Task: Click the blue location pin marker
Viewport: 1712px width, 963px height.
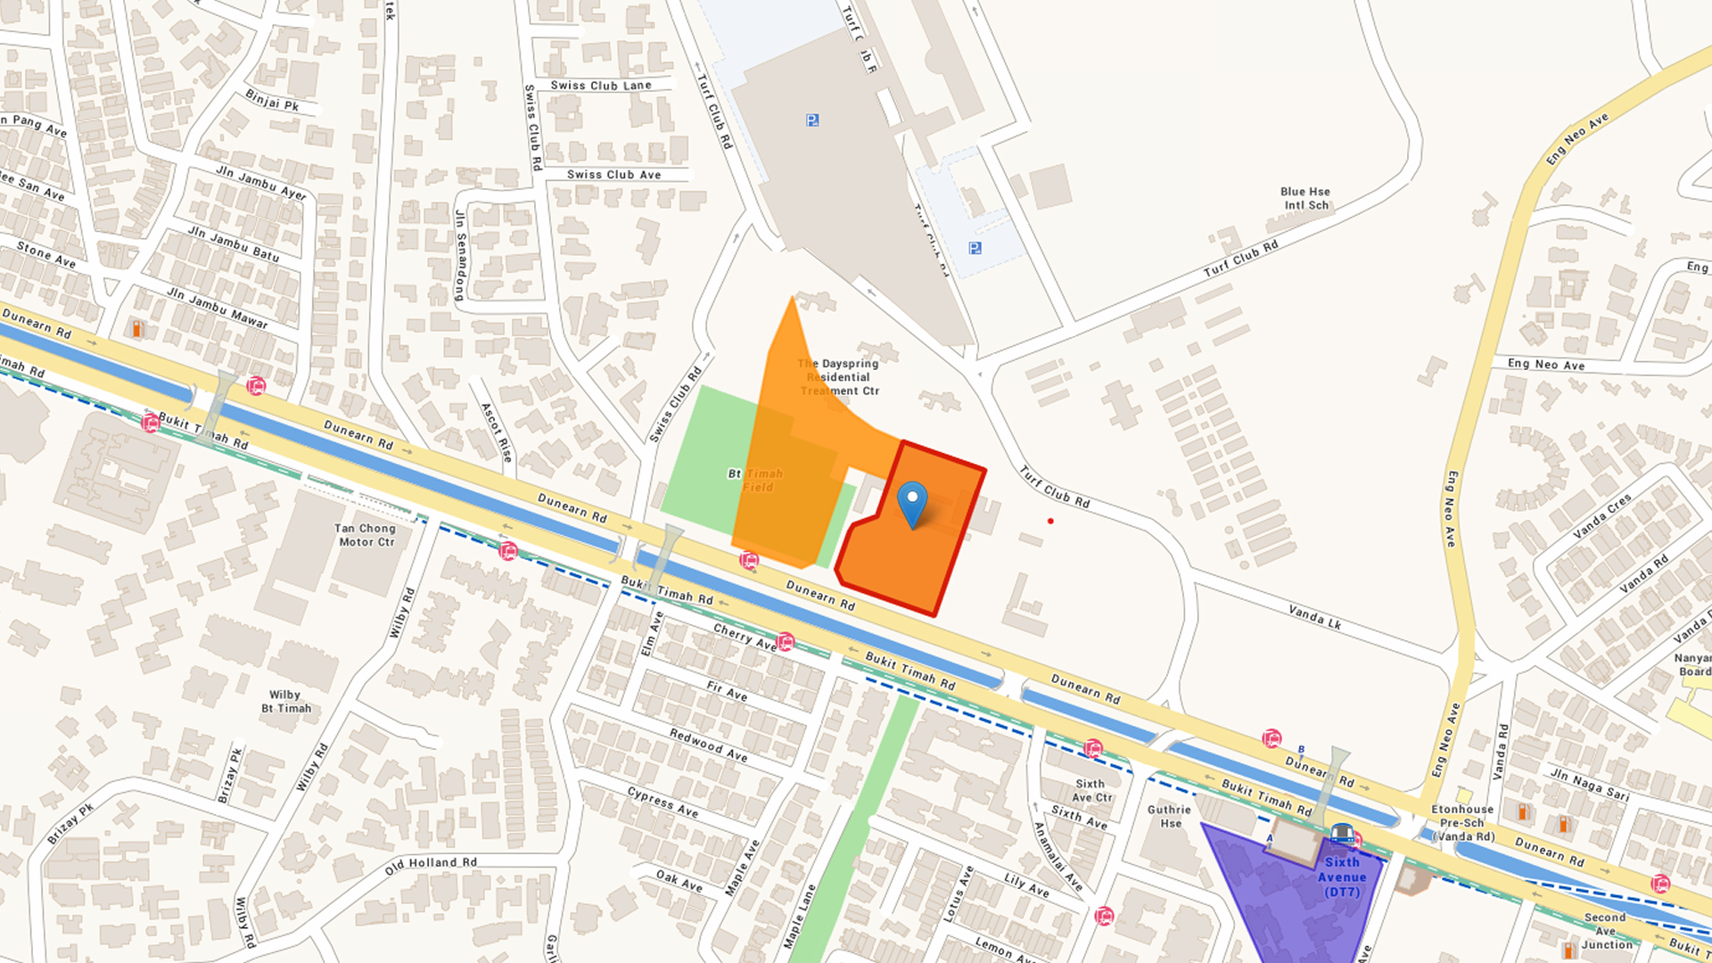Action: [912, 502]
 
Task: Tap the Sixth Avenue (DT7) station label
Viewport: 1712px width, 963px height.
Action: [1342, 877]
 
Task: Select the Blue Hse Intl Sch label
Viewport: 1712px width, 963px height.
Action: [1305, 198]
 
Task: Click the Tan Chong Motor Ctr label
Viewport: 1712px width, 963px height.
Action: [366, 535]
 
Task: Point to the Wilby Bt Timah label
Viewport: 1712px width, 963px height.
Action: [286, 702]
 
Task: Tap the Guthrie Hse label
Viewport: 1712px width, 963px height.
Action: [1169, 816]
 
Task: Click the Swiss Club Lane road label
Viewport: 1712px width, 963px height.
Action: [601, 86]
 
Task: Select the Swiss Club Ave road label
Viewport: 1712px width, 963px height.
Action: [614, 175]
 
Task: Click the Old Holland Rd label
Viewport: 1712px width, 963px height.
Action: [432, 865]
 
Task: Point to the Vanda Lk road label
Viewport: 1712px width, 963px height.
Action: [1315, 617]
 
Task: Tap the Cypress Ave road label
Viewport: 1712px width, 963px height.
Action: [663, 802]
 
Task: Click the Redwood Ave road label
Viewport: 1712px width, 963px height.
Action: [709, 745]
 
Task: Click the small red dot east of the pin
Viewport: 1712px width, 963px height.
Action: [1050, 521]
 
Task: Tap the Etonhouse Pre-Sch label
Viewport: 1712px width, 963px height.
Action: [1462, 822]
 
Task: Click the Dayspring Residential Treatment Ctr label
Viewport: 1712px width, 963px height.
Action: [839, 377]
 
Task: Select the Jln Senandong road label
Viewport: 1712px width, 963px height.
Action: [461, 255]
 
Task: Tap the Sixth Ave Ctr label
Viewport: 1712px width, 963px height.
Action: [1091, 791]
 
